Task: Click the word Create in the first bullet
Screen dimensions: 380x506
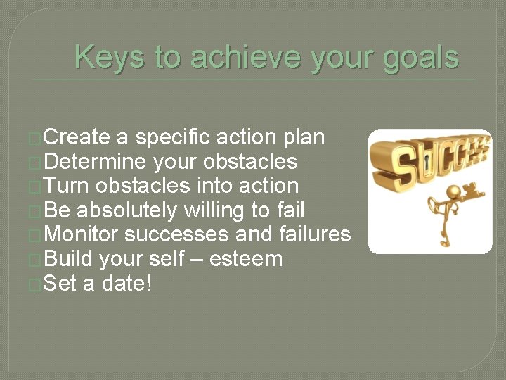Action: click(77, 137)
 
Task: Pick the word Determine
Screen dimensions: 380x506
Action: click(95, 162)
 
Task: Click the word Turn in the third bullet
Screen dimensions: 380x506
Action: click(67, 186)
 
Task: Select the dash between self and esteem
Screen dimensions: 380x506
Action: click(198, 260)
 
